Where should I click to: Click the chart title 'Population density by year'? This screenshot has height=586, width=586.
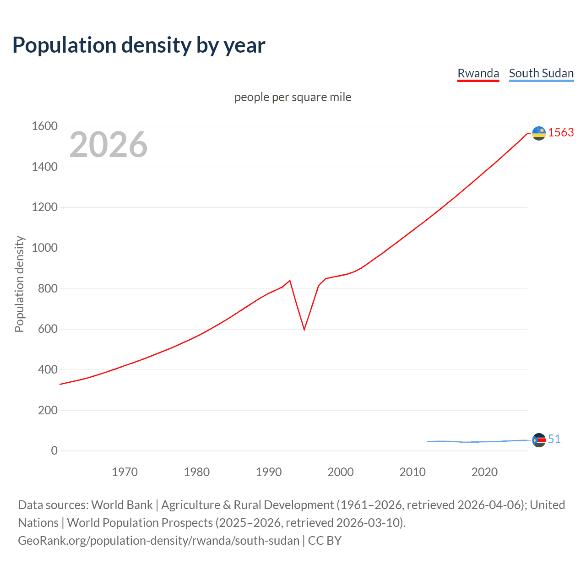[139, 45]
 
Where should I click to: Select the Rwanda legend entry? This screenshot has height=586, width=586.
[478, 73]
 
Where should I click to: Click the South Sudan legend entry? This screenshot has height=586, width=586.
[541, 73]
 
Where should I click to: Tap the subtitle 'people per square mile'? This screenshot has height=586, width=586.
[293, 97]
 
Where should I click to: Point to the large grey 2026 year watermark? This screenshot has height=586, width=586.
[109, 145]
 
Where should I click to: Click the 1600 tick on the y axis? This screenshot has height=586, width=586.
[44, 126]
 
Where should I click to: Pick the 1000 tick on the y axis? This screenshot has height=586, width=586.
[44, 248]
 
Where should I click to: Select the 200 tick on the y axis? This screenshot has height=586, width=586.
[48, 410]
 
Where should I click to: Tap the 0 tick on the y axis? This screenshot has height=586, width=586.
[54, 450]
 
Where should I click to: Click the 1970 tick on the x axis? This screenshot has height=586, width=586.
[125, 472]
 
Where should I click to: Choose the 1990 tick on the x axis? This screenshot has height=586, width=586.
[269, 472]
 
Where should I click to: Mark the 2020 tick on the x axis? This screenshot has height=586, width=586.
[484, 472]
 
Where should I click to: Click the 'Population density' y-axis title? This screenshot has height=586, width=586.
[19, 284]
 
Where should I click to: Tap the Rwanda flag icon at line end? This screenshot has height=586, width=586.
[539, 133]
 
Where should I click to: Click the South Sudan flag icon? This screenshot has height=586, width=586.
[539, 440]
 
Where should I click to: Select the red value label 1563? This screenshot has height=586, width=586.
[561, 132]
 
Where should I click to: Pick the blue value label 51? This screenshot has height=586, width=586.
[554, 439]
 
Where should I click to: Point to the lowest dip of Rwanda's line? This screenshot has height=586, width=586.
[304, 329]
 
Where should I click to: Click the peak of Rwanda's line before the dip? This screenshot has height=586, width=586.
[290, 280]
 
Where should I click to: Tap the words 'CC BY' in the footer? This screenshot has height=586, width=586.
[325, 541]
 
